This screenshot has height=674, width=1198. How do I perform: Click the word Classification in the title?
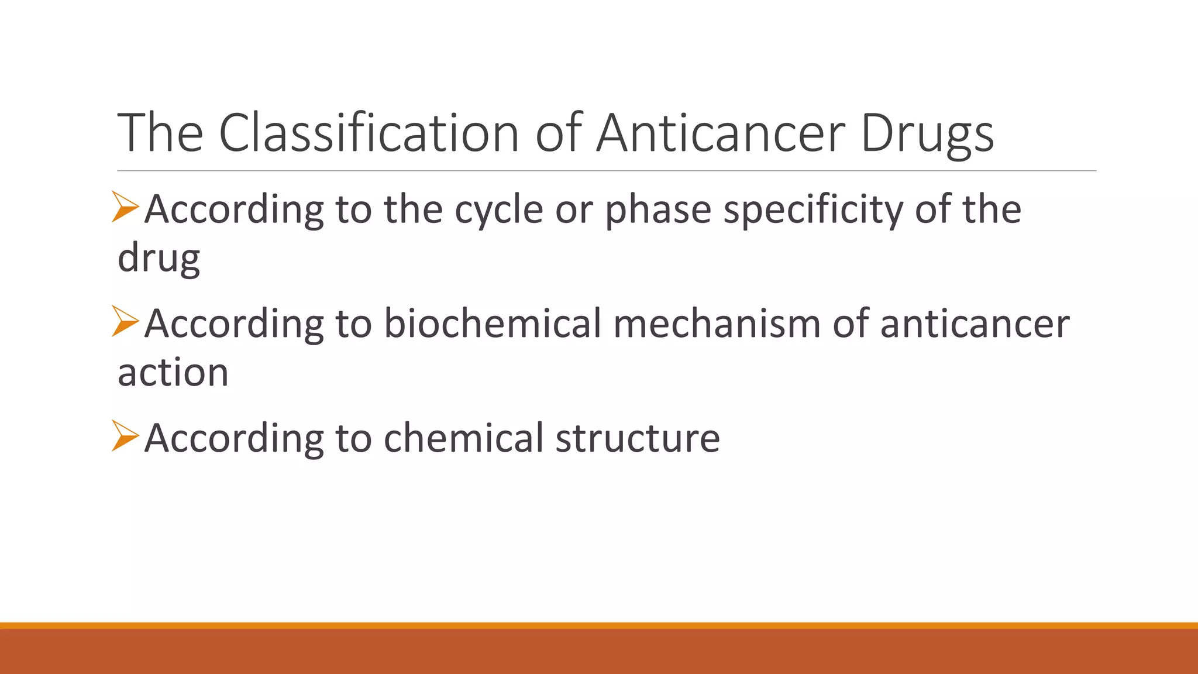click(x=369, y=133)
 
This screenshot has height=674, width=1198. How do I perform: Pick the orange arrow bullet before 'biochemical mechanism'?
click(x=125, y=321)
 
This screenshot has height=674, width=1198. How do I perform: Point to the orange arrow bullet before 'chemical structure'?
click(x=125, y=436)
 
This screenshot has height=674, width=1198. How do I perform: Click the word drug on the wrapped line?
click(x=159, y=258)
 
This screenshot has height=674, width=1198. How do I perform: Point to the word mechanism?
click(x=717, y=324)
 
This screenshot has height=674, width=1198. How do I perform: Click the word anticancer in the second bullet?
click(x=975, y=324)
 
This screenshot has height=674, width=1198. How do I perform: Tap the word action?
click(x=173, y=373)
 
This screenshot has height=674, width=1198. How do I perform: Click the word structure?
click(x=638, y=438)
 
